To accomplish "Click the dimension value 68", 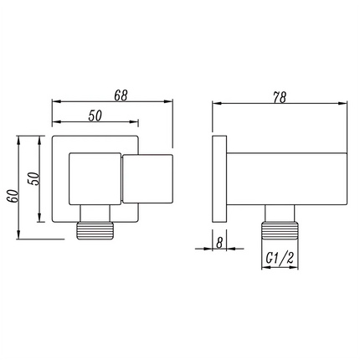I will pyautogui.click(x=121, y=95).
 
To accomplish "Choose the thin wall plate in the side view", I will pyautogui.click(x=219, y=177).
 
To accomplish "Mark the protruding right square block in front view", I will pyautogui.click(x=148, y=178).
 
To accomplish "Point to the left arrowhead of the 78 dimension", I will pyautogui.click(x=217, y=104).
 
